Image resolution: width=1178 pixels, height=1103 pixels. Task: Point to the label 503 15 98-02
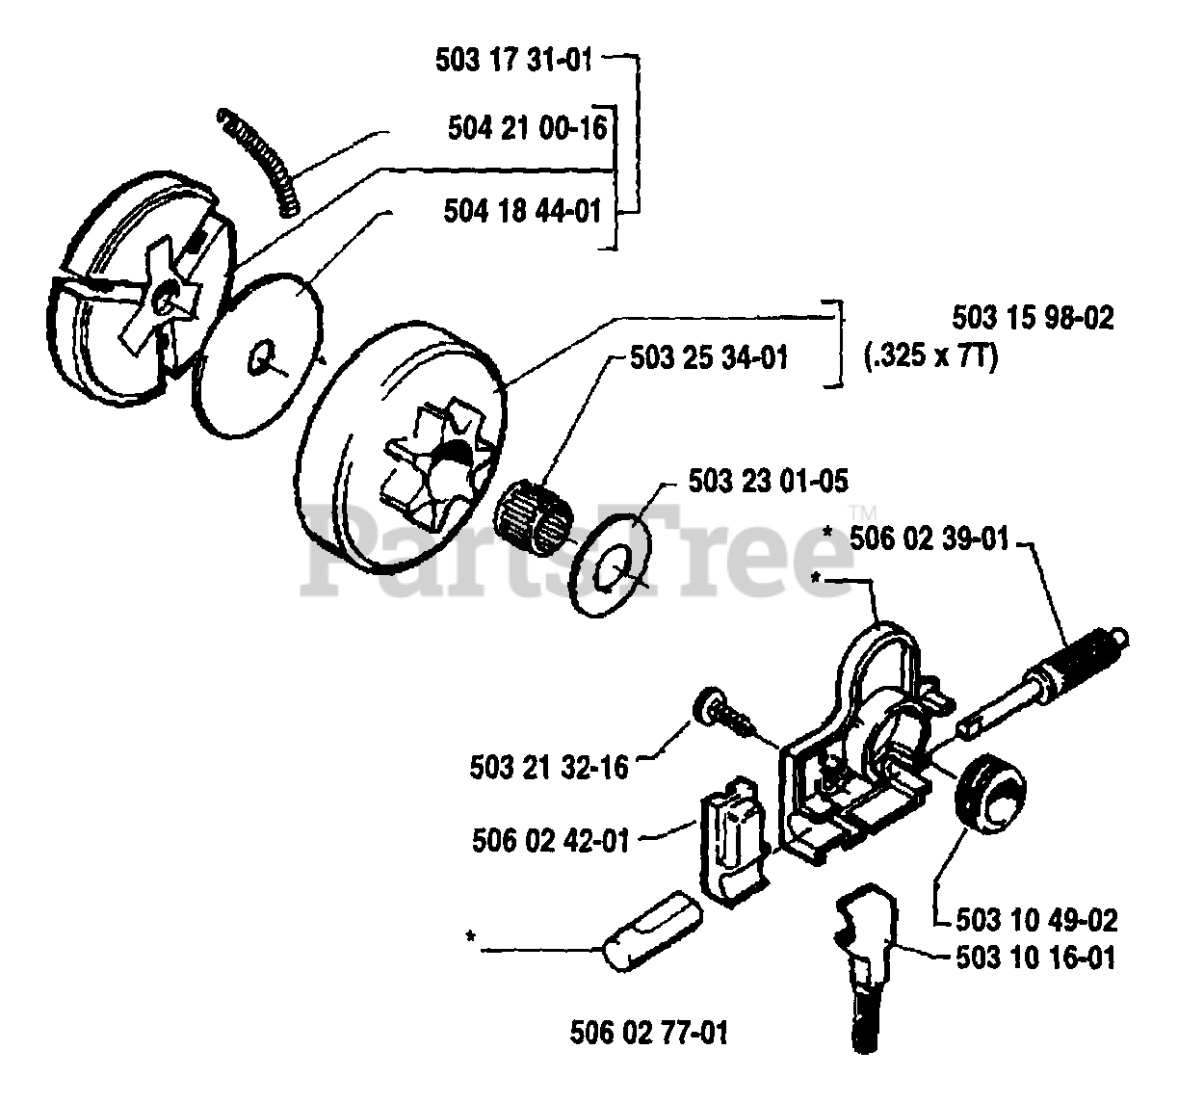tap(1032, 318)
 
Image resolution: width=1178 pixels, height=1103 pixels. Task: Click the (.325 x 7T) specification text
tap(930, 356)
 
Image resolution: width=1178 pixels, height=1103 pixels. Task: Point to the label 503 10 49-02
tap(1036, 920)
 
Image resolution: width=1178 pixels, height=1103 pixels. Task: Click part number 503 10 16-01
tap(1036, 959)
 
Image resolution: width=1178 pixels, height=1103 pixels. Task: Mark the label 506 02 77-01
tap(648, 1034)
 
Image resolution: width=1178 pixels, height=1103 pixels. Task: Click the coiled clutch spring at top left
tap(260, 159)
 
